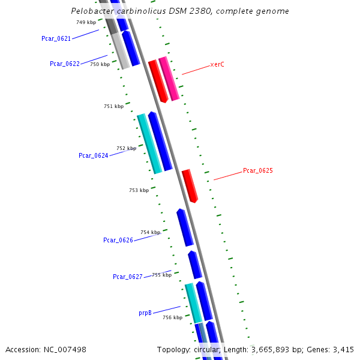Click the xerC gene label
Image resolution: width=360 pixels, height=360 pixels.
(217, 64)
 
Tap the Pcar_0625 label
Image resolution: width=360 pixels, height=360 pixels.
(257, 171)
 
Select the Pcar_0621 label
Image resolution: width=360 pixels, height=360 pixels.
(56, 38)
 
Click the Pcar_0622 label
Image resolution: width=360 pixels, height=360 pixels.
(65, 64)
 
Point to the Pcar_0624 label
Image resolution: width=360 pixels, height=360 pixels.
(94, 155)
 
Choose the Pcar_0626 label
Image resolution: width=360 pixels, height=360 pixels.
(118, 240)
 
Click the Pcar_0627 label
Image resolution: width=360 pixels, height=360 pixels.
(128, 277)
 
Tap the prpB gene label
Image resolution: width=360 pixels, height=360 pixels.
(145, 313)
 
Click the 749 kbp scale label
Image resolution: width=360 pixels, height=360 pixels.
(86, 22)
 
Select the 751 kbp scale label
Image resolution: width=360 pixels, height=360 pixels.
(113, 106)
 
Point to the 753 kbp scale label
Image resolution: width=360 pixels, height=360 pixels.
(139, 190)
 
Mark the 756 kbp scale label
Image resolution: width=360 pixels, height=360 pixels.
(172, 317)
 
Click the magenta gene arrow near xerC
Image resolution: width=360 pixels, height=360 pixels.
(169, 78)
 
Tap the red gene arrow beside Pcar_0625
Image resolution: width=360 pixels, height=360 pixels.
(190, 186)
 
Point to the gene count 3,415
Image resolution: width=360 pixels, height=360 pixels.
(343, 349)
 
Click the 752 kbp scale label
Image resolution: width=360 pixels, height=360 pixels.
(126, 148)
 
